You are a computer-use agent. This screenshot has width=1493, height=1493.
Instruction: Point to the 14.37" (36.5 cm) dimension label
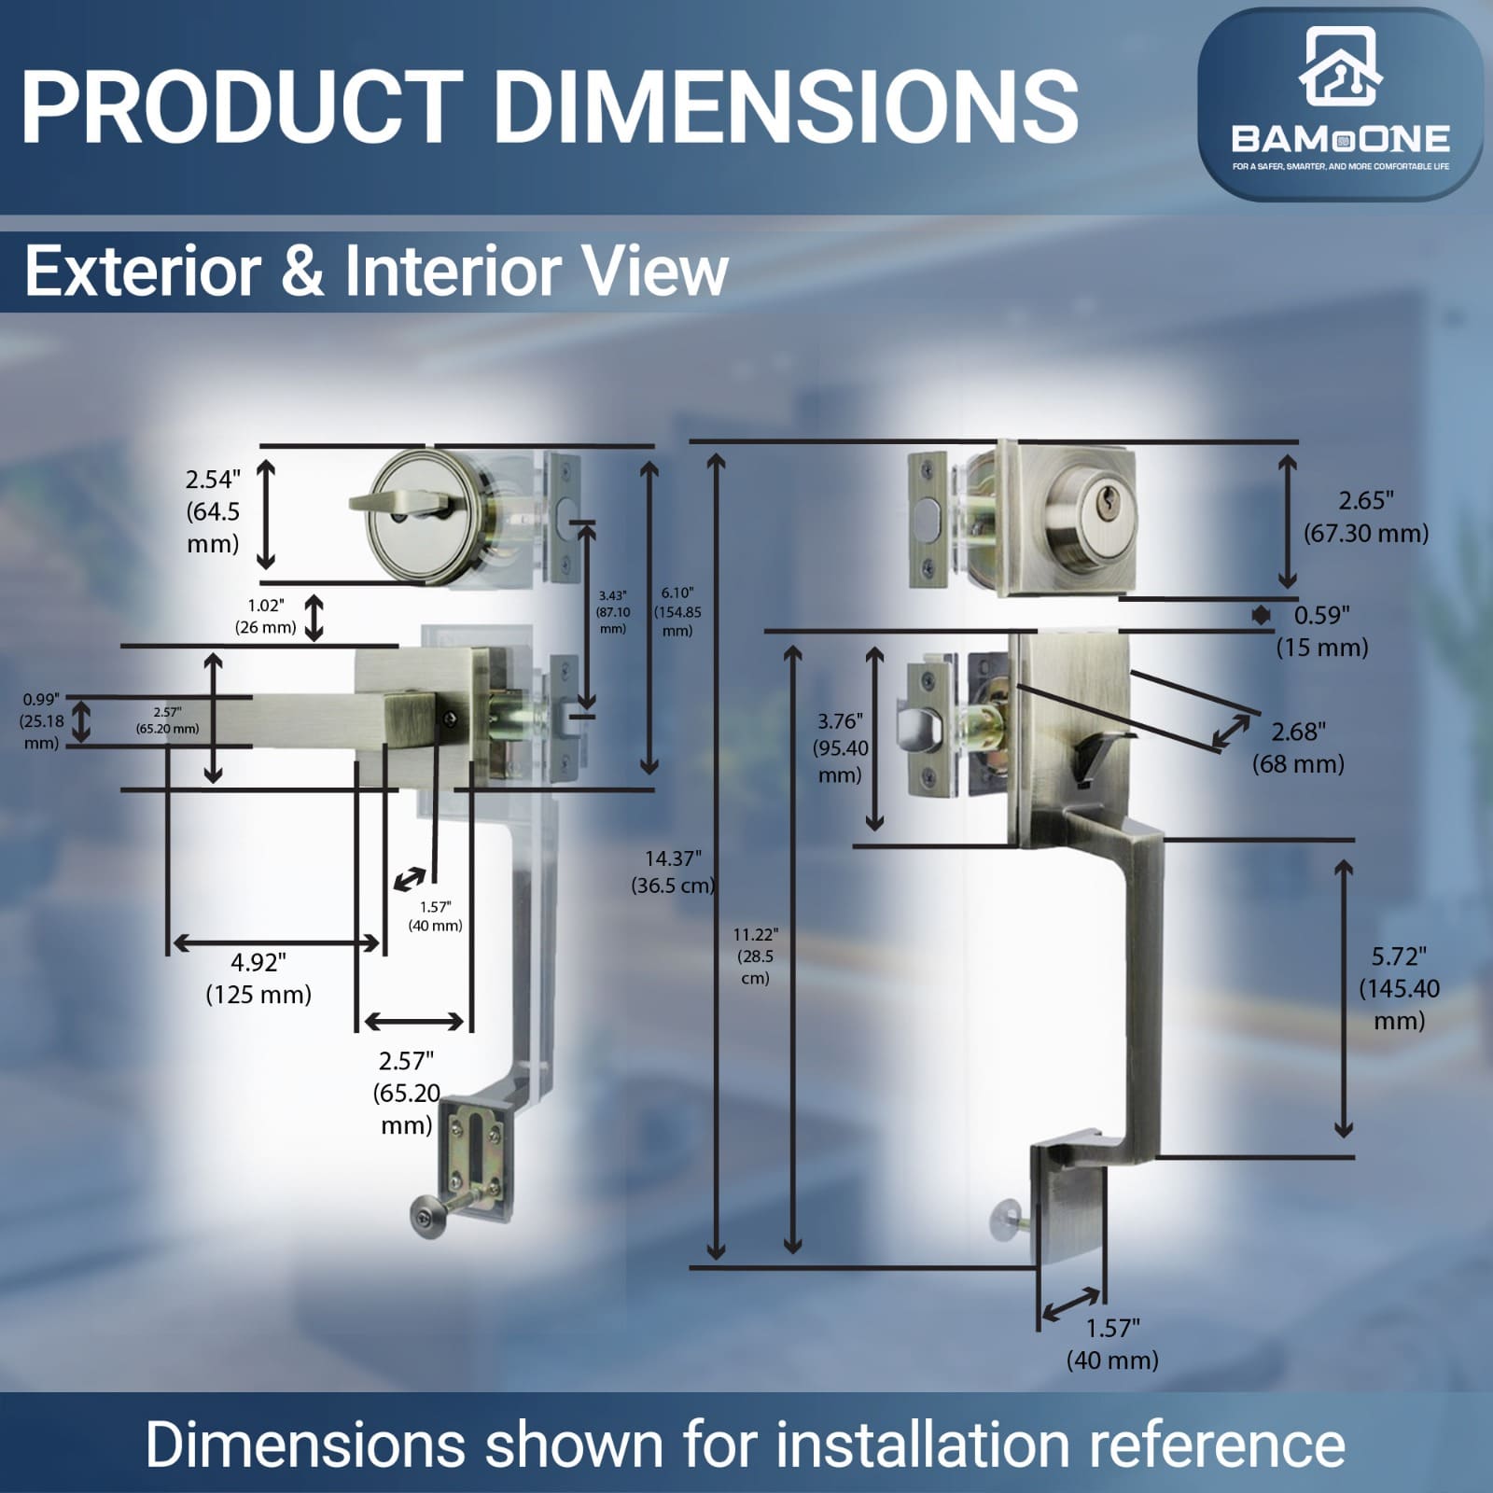click(x=672, y=872)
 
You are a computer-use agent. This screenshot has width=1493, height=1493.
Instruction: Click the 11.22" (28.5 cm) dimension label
click(x=755, y=956)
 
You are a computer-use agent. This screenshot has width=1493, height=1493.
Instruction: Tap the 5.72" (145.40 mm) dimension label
click(x=1399, y=988)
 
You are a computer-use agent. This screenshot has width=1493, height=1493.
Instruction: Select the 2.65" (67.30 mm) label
click(x=1366, y=517)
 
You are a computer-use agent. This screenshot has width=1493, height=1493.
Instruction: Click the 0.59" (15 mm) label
click(x=1322, y=631)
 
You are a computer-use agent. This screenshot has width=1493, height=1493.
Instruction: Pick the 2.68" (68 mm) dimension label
click(x=1298, y=747)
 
